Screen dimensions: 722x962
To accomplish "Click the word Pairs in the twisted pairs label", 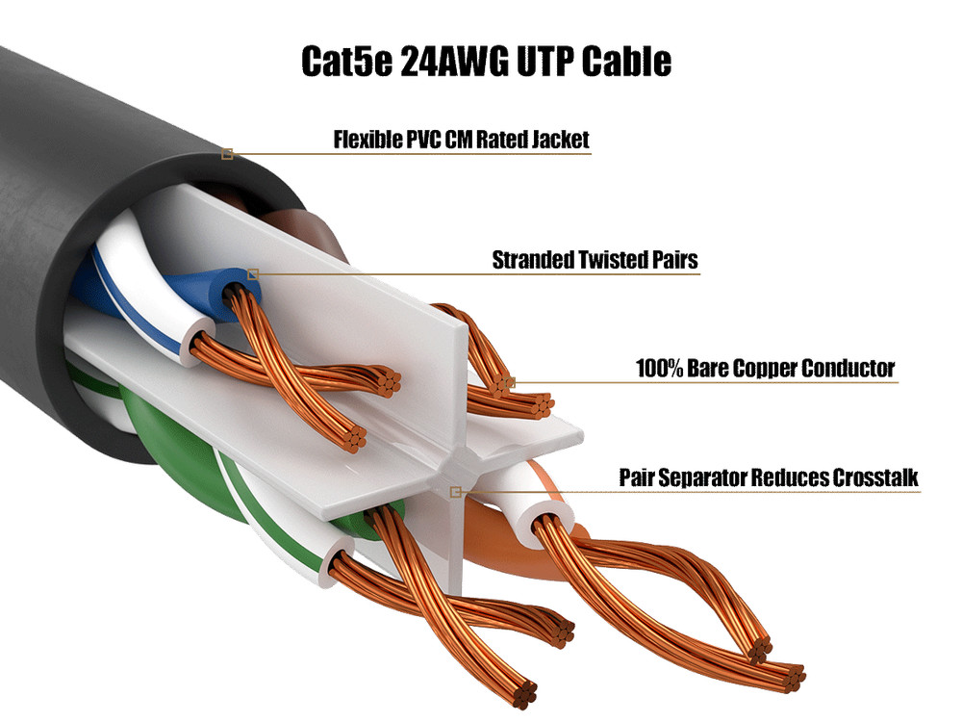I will [674, 260].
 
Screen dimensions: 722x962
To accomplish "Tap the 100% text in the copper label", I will [659, 368].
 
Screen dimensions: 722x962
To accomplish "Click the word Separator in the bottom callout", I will [706, 477].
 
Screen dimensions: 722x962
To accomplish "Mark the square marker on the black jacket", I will [227, 154].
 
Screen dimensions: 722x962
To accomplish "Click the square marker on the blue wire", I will [253, 274].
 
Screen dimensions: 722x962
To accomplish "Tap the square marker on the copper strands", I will [511, 382].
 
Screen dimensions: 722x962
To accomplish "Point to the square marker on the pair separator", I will [456, 492].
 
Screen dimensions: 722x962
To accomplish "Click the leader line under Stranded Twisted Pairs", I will [481, 274].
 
